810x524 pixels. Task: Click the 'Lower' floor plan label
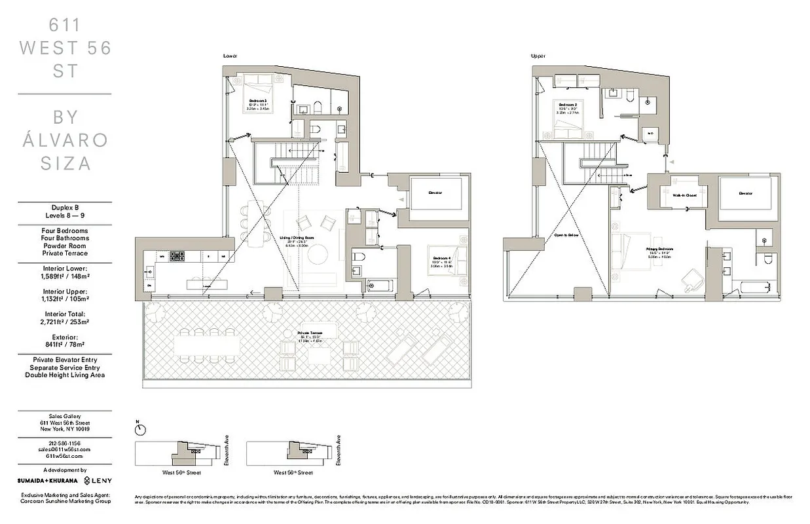click(230, 56)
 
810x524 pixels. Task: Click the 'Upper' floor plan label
click(538, 56)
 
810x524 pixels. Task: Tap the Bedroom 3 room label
click(257, 99)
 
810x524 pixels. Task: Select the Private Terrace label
click(312, 333)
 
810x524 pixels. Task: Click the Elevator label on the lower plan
click(436, 193)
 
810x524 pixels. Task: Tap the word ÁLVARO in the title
click(65, 140)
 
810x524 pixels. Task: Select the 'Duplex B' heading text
click(64, 206)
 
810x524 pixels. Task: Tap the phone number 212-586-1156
click(64, 443)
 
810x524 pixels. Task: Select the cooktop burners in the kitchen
click(177, 257)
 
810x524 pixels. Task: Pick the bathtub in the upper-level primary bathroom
click(754, 287)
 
